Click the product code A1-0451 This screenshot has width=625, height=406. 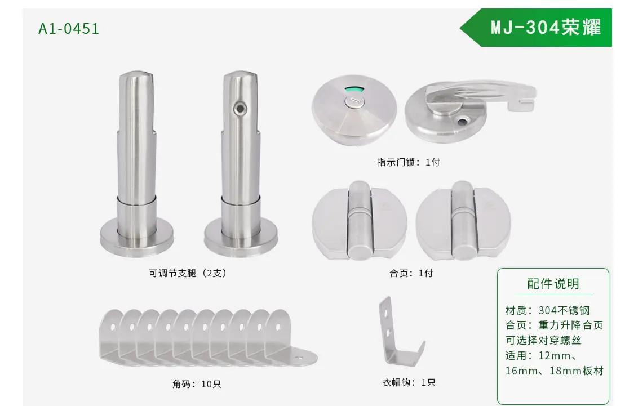[69, 29]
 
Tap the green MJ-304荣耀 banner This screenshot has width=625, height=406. [536, 28]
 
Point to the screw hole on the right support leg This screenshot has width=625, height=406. [240, 108]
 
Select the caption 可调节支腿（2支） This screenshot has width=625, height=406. [187, 273]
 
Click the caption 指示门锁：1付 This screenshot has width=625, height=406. [408, 162]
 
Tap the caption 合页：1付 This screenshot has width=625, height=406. [411, 273]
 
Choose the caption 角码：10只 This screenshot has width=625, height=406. [197, 384]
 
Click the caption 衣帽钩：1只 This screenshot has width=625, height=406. [409, 382]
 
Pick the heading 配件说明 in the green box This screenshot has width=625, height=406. [553, 284]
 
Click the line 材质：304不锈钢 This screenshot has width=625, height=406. [547, 310]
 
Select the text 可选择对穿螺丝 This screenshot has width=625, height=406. [543, 340]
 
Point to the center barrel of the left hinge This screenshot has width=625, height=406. [359, 221]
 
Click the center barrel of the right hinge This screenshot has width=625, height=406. [462, 221]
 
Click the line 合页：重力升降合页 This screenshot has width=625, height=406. [554, 325]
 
